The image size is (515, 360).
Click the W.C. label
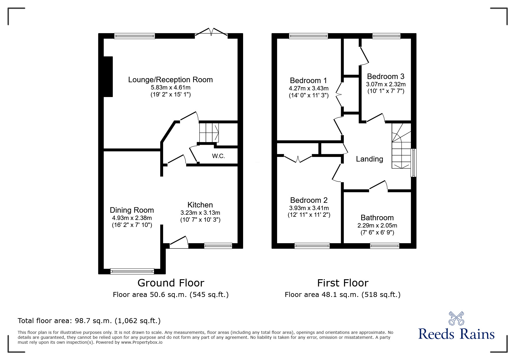218,156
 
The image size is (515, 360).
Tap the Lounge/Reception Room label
170,80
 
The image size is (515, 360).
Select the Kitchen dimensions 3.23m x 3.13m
200,213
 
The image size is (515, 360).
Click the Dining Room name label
132,210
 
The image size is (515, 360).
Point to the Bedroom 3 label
386,76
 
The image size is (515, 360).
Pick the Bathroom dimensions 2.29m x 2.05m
377,225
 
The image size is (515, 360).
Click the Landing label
370,159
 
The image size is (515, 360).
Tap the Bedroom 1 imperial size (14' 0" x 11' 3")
309,95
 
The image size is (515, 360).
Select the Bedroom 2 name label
309,200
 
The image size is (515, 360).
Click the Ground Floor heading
171,283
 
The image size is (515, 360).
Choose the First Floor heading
343,283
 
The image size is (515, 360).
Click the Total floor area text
89,321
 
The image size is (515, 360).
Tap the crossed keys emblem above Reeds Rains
456,318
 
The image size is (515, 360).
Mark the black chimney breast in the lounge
108,76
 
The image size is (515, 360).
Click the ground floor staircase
209,132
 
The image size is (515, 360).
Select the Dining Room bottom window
132,271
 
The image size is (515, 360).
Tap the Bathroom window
384,246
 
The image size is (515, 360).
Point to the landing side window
414,163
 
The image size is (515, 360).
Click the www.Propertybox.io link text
142,342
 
